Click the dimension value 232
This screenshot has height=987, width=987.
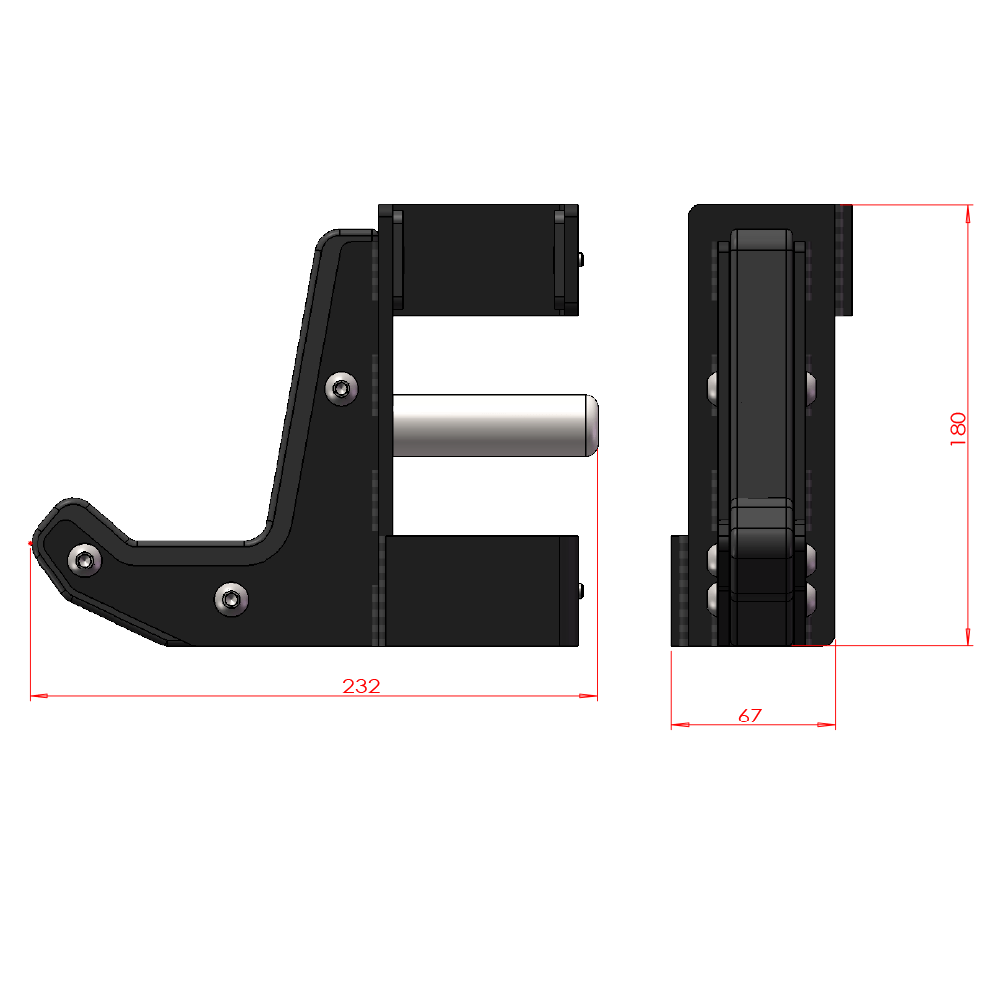click(361, 686)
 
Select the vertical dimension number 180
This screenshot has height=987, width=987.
click(958, 429)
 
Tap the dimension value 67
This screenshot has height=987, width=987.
click(750, 716)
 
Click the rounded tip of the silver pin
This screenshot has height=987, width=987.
click(592, 424)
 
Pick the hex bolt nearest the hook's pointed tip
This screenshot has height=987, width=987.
click(85, 562)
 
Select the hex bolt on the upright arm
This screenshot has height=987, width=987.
click(342, 389)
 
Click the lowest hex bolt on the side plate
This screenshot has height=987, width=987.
click(231, 598)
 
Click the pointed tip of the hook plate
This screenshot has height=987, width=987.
click(33, 542)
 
